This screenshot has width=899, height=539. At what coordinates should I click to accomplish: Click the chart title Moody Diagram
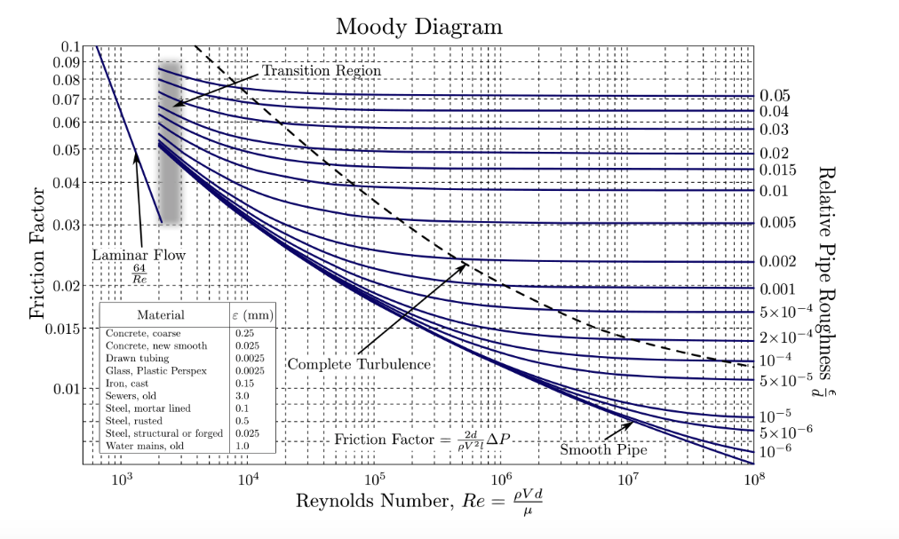(418, 26)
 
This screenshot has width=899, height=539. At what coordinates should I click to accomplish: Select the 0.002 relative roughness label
(777, 262)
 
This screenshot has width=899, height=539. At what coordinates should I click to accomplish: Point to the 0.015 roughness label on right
(777, 170)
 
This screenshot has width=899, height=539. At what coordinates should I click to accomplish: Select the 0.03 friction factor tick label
(65, 225)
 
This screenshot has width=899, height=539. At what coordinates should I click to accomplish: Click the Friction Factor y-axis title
(38, 253)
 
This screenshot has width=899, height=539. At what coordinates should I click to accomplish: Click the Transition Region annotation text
(322, 70)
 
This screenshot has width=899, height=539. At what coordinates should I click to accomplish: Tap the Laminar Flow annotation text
(139, 256)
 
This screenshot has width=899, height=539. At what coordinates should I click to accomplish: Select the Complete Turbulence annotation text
(359, 364)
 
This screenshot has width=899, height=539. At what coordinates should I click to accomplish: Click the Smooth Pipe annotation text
(603, 450)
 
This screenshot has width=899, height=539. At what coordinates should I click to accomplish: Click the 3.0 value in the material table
(243, 395)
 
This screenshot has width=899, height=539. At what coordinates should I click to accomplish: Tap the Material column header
(160, 314)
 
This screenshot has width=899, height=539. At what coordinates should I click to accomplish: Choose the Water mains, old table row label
(143, 445)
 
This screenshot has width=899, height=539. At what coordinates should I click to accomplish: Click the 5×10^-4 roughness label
(786, 312)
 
